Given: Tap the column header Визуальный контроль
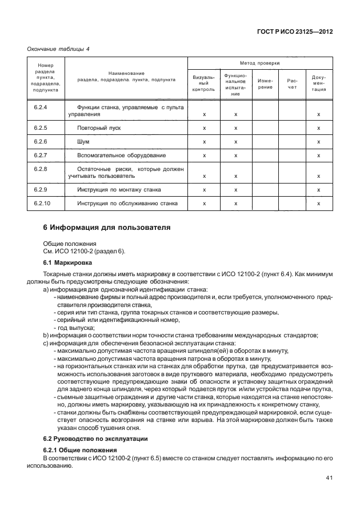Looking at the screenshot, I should (203, 83).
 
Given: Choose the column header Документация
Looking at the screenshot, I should (319, 83).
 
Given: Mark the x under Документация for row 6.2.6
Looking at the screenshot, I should (319, 142).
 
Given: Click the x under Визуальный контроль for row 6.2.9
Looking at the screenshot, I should (204, 190).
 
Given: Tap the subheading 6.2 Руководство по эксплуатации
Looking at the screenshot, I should (96, 439).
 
